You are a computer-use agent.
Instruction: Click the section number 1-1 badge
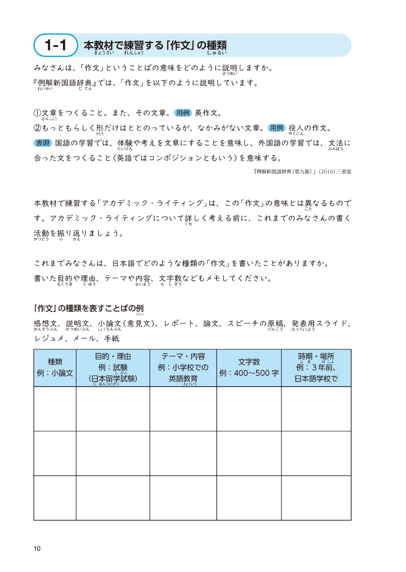[x=56, y=45]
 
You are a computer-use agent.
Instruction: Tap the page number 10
[x=37, y=548]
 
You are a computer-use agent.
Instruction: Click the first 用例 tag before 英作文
[x=183, y=113]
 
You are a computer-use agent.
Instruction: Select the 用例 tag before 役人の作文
[x=276, y=128]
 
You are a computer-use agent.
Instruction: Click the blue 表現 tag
[x=43, y=143]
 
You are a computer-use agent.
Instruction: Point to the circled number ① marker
[x=37, y=113]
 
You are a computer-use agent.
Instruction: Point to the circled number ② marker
[x=37, y=128]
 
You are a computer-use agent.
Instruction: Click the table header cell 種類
[x=55, y=368]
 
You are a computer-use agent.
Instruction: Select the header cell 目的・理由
[x=113, y=368]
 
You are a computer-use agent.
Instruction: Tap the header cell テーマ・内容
[x=183, y=368]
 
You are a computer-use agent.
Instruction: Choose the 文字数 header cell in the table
[x=249, y=368]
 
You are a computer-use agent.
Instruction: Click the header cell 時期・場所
[x=316, y=368]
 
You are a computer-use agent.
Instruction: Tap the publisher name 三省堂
[x=344, y=172]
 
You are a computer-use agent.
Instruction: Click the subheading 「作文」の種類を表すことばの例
[x=89, y=308]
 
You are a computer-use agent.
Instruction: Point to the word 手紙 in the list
[x=112, y=339]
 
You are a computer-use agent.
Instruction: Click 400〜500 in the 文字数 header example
[x=251, y=373]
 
